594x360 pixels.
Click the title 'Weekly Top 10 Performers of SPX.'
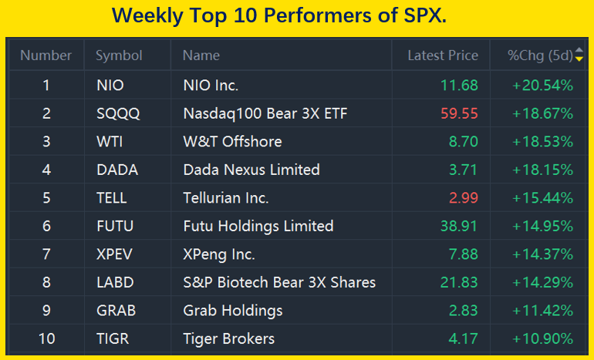(278, 15)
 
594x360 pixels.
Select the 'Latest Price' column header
(443, 56)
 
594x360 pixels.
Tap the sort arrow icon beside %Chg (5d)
(579, 56)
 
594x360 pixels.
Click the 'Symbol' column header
(119, 56)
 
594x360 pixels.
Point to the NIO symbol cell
(110, 85)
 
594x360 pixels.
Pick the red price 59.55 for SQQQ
(459, 113)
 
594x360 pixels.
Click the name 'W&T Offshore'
(232, 142)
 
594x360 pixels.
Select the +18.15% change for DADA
(542, 170)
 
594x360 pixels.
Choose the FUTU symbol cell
(114, 226)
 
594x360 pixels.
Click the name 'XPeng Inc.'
(219, 254)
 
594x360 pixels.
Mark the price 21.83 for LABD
(459, 282)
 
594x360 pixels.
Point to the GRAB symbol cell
(116, 311)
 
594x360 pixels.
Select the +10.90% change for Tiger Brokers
(542, 338)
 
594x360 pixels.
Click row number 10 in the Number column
(46, 338)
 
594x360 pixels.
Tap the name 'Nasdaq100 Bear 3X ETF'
(265, 113)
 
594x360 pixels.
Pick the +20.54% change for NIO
(542, 85)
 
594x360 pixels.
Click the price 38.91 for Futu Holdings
(459, 226)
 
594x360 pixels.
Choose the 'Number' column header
(46, 56)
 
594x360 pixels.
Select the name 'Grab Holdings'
(233, 311)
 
